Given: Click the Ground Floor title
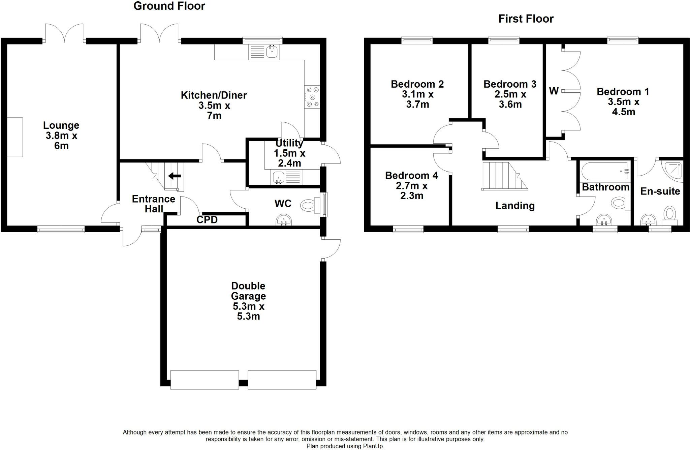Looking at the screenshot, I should click(x=169, y=6).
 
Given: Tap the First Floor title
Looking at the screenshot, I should click(x=526, y=19).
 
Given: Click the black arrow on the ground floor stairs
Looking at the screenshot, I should click(x=175, y=176).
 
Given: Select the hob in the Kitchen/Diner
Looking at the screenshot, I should click(x=312, y=97).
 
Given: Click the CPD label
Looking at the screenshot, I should click(x=207, y=220).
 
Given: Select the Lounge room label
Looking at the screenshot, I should click(x=61, y=125).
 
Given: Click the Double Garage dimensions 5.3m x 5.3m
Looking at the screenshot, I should click(x=248, y=311).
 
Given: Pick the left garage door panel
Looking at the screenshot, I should click(x=205, y=380).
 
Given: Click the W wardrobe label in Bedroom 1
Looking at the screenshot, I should click(x=554, y=91).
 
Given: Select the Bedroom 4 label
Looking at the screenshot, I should click(x=411, y=176).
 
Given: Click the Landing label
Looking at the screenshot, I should click(x=515, y=206).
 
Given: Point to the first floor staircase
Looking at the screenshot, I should click(x=502, y=176).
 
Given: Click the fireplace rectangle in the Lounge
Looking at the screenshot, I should click(x=15, y=137).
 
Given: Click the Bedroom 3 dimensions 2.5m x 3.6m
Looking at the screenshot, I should click(x=510, y=99).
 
